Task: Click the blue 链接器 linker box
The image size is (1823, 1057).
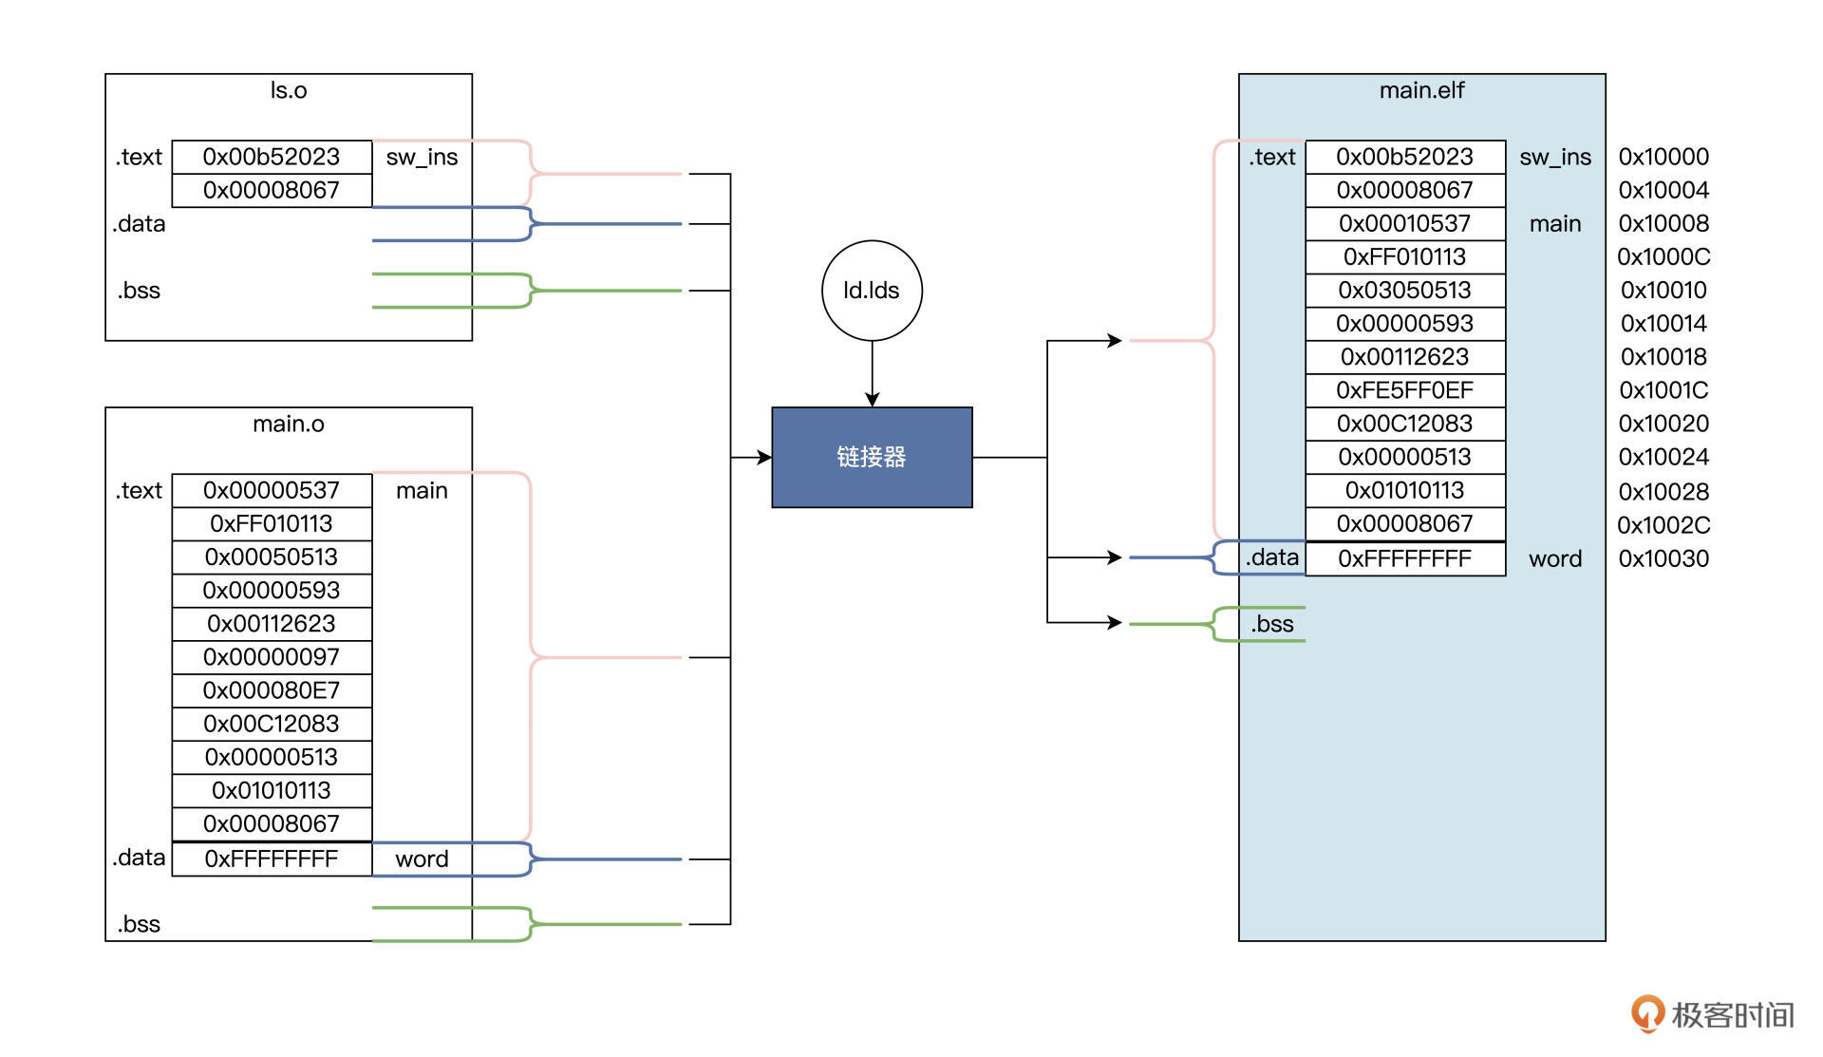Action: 872,457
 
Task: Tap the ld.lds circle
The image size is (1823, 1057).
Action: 872,290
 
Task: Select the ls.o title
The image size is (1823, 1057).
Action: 289,90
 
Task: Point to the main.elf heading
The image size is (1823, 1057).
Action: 1421,90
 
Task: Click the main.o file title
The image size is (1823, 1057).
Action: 289,424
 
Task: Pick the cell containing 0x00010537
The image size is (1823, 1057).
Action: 1404,223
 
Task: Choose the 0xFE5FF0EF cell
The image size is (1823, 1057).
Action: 1404,390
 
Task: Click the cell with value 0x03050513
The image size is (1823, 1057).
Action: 1404,290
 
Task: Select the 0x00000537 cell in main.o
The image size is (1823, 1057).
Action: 272,490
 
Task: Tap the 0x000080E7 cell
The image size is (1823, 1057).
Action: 272,690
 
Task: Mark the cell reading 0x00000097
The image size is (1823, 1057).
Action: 272,657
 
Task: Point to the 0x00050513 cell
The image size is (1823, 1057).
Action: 272,557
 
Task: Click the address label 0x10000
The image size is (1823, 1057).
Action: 1663,157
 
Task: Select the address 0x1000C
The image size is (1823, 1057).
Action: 1663,256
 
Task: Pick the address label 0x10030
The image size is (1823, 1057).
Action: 1663,558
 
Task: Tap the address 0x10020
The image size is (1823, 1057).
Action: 1663,424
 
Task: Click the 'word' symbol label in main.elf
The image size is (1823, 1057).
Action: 1555,558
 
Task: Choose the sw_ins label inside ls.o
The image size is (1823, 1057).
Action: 422,157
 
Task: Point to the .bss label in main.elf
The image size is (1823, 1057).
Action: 1272,624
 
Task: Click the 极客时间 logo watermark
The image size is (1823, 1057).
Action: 1713,1014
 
